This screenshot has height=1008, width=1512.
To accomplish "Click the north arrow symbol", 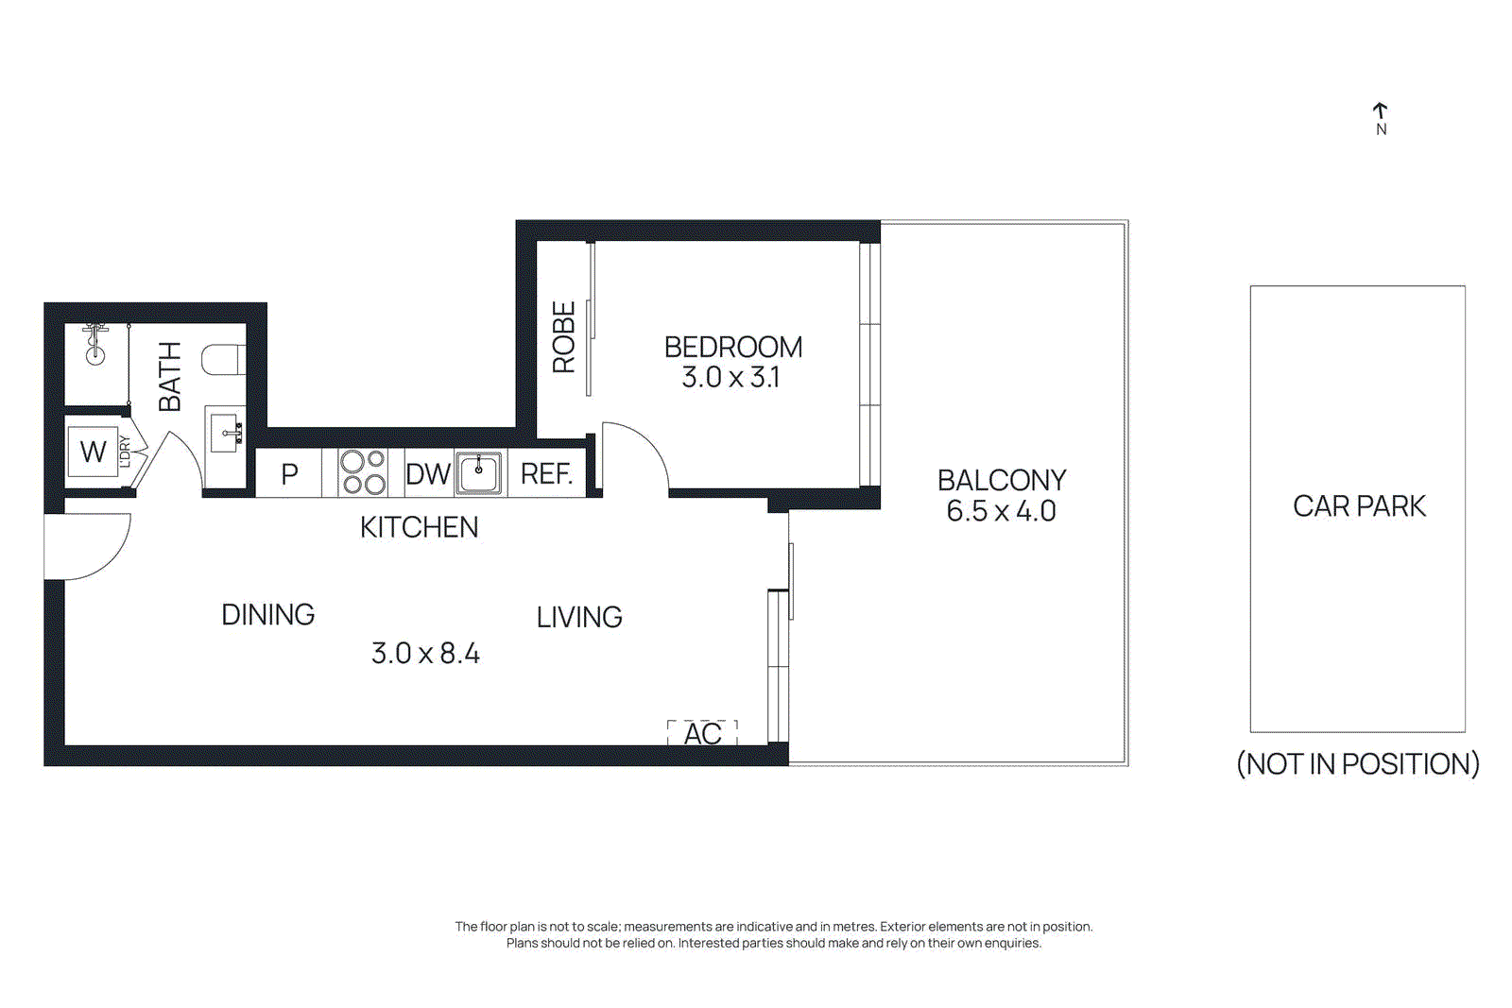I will (1380, 112).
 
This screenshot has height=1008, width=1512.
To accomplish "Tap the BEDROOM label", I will (732, 347).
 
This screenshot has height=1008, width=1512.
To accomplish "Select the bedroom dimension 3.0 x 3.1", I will (730, 377).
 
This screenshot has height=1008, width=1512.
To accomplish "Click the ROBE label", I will (563, 337).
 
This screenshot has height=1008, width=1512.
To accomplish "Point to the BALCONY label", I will (1002, 480).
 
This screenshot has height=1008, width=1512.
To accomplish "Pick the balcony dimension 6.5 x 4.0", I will (1001, 511).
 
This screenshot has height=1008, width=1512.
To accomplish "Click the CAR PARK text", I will (1358, 506).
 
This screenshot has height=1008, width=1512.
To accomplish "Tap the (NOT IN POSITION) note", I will (1358, 763).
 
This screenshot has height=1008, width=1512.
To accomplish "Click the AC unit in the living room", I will (702, 733).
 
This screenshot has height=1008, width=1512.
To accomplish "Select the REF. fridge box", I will (546, 473).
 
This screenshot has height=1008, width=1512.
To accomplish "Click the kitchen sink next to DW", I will (479, 472).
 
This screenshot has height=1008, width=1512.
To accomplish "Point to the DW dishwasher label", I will (427, 473).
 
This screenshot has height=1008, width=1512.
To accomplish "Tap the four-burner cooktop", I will (363, 472).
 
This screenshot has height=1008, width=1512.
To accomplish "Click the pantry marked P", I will (289, 473).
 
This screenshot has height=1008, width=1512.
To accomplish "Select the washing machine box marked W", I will (93, 452).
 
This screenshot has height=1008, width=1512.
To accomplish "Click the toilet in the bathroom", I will (222, 360).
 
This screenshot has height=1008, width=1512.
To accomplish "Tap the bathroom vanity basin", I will (225, 434).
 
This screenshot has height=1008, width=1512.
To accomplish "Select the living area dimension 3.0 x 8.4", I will (425, 653).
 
